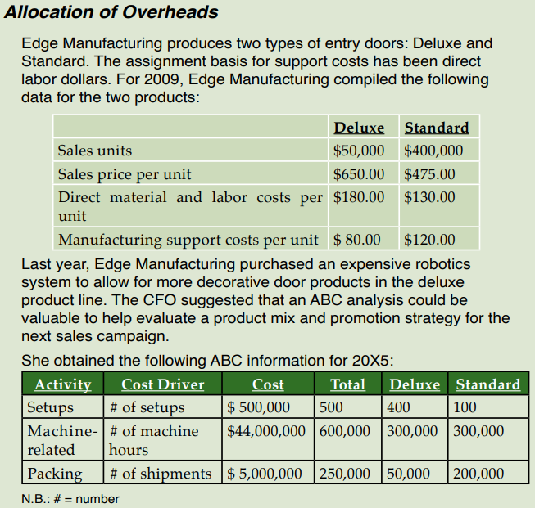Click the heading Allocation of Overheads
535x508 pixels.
coord(111,12)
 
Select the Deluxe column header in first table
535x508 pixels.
coord(359,128)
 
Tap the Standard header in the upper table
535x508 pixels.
coord(437,128)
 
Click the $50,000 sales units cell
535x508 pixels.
coord(359,151)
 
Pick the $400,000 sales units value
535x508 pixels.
coord(433,151)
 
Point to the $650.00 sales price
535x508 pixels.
coord(359,174)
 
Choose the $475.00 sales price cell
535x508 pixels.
coord(430,174)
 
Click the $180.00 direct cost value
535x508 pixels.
coord(359,197)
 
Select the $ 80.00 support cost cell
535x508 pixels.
coord(357,240)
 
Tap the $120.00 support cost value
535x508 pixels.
coord(430,240)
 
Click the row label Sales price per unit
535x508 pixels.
coord(125,174)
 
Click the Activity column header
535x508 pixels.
coord(62,384)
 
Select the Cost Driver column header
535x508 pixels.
coord(163,384)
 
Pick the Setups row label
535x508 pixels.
coord(51,407)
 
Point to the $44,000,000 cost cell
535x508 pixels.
coord(266,431)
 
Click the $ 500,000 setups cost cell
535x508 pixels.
coord(259,407)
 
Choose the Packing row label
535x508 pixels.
coord(55,474)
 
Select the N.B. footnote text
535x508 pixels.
coord(70,498)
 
